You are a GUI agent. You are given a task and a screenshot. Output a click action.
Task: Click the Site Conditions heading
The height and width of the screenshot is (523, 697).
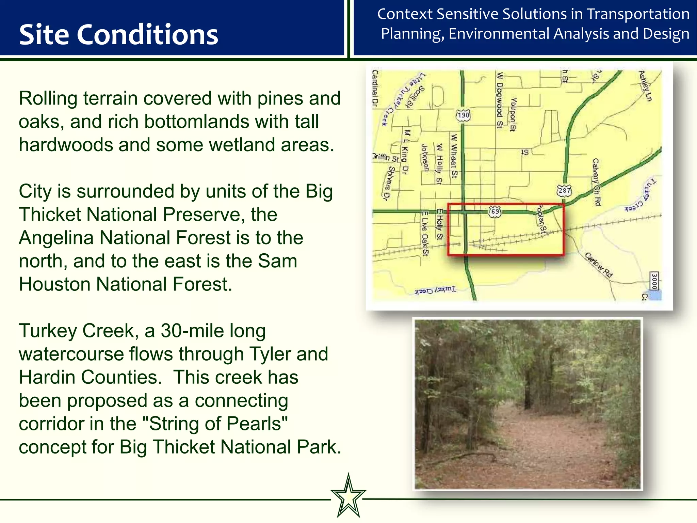click(118, 35)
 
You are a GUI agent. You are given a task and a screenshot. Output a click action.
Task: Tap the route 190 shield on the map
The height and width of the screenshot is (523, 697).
click(463, 115)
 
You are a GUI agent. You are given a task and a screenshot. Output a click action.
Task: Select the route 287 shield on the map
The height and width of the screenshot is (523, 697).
click(564, 190)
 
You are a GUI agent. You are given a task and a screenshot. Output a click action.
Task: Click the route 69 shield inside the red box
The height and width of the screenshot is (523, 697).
click(495, 211)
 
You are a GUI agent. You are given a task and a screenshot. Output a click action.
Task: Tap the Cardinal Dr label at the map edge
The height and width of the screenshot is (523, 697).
click(375, 89)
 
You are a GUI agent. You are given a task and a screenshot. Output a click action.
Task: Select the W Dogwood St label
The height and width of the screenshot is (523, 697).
click(500, 100)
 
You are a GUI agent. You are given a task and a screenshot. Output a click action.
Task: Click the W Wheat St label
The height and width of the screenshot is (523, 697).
click(454, 156)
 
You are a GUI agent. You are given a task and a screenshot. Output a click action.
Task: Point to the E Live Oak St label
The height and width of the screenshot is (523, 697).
click(425, 233)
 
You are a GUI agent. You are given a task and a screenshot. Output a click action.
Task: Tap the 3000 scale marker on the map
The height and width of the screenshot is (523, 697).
click(654, 281)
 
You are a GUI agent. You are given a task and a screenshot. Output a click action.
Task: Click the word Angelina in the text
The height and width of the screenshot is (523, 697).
click(56, 238)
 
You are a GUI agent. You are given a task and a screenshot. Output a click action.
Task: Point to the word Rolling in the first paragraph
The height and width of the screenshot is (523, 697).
click(48, 98)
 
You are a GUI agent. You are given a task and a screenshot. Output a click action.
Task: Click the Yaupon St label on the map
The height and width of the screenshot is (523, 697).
click(513, 114)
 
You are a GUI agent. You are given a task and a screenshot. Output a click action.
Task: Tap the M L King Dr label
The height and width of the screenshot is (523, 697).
click(405, 152)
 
